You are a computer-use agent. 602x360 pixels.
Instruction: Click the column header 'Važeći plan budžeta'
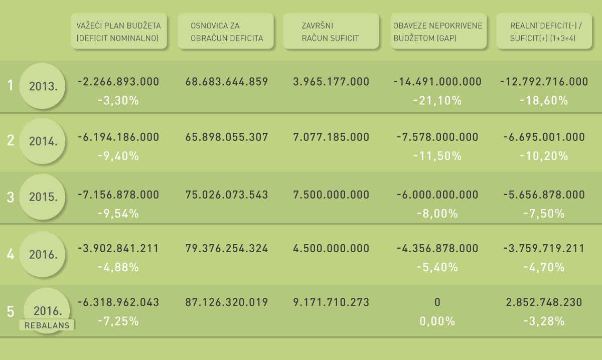click(118, 31)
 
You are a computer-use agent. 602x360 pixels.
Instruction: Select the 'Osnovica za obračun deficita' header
click(225, 31)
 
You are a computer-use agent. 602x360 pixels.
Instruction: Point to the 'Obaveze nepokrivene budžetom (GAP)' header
click(438, 31)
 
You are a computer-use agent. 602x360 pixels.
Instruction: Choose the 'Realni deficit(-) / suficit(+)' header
click(544, 31)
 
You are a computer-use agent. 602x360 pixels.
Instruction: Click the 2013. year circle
click(42, 86)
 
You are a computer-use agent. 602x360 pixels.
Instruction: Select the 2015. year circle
click(42, 197)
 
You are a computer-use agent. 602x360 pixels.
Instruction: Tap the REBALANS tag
click(47, 325)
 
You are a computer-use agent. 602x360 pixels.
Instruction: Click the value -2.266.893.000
click(118, 82)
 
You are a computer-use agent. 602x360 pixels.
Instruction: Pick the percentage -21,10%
click(437, 101)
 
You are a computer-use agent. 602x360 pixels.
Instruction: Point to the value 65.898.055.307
click(227, 137)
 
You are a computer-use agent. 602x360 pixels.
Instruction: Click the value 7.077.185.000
click(331, 137)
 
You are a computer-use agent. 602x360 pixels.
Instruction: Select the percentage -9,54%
click(118, 214)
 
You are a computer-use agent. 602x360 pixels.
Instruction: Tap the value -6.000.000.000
click(437, 195)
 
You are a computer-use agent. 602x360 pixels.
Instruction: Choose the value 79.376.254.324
click(227, 248)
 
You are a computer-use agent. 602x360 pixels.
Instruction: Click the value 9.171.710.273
click(331, 302)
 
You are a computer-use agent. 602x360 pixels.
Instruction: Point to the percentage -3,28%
click(544, 321)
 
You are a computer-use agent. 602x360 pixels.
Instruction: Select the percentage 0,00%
click(437, 321)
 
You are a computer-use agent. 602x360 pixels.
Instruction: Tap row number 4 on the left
click(11, 254)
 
